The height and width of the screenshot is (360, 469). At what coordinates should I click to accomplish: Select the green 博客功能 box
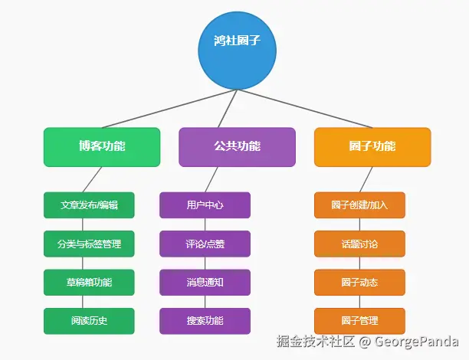tap(102, 147)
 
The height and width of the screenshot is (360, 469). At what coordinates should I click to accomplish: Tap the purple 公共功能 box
tap(237, 147)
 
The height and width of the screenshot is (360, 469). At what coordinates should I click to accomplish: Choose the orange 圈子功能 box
tap(372, 147)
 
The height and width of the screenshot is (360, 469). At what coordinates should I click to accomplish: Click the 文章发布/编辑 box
tap(89, 205)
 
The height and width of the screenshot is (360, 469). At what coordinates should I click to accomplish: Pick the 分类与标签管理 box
tap(89, 244)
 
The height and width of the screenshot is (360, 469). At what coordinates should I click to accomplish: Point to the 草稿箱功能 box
tap(89, 283)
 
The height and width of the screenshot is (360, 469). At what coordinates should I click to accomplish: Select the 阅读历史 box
tap(89, 321)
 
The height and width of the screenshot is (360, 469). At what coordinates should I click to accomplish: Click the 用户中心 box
tap(205, 205)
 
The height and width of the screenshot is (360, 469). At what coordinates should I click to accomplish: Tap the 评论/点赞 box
tap(205, 244)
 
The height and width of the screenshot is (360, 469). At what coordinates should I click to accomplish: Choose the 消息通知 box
tap(205, 283)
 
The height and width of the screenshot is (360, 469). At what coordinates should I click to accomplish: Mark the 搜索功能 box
tap(205, 321)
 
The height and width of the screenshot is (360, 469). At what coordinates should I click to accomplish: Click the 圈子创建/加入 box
tap(359, 205)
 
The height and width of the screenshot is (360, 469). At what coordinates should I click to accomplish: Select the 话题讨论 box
tap(359, 244)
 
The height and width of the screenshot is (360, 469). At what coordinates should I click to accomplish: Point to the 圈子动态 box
tap(359, 283)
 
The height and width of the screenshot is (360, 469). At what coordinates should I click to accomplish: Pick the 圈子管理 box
tap(359, 321)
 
